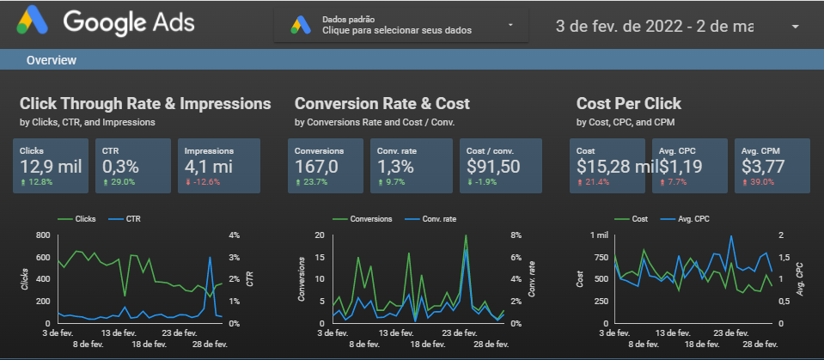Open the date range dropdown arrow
coord(795,26)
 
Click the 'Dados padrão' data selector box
coord(404,25)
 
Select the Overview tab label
coord(52,60)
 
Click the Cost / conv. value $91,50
coord(493,166)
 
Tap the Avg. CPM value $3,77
coord(766,166)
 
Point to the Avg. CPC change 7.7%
coord(676,181)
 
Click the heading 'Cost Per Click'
coord(628,104)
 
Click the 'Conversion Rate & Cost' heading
coord(381,104)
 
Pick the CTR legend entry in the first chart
coord(131,219)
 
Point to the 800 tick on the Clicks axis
coord(43,235)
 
